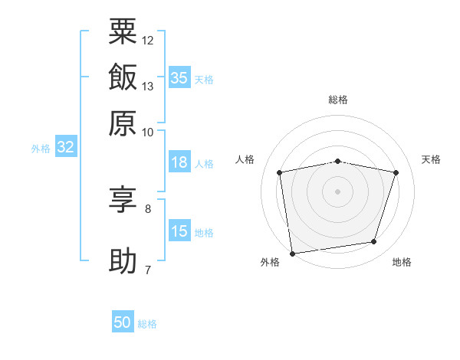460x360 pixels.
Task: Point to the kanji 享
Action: [123, 201]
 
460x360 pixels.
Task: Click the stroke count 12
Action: [148, 40]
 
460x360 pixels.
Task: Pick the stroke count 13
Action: [148, 86]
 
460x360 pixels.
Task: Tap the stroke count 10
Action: [148, 132]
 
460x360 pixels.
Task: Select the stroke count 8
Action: [148, 208]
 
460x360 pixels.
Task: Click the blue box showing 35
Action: [179, 78]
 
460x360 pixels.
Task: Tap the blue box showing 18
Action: [179, 162]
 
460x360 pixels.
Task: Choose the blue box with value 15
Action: [179, 232]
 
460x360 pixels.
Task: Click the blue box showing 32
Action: [66, 148]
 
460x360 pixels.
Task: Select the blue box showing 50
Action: [123, 322]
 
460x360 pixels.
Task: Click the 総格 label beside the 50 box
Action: [147, 324]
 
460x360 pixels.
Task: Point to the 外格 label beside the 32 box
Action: [41, 149]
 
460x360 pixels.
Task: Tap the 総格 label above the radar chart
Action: [338, 100]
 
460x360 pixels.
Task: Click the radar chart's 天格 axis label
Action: [431, 159]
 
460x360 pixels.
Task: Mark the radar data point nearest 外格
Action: [292, 253]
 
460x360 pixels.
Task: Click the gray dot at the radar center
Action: [338, 191]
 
